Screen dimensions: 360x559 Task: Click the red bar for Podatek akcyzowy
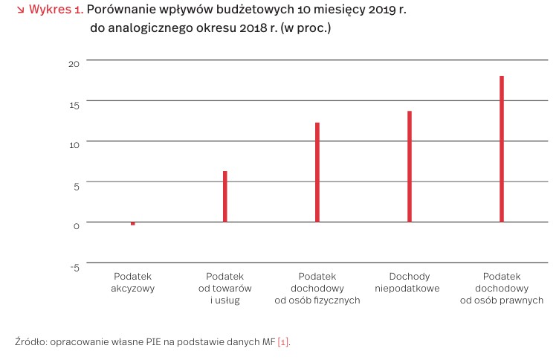click(x=133, y=223)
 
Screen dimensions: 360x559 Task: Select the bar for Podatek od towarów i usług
click(x=225, y=196)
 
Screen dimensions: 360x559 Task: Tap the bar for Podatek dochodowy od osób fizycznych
click(x=317, y=172)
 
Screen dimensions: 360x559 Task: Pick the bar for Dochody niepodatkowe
click(x=410, y=166)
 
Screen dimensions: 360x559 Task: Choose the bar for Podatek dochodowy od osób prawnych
click(x=502, y=149)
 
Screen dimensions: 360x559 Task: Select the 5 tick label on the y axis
click(x=75, y=186)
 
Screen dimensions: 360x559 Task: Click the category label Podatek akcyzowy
click(x=133, y=282)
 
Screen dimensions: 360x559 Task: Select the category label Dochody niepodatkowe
click(x=410, y=282)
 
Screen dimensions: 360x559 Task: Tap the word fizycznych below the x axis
click(x=336, y=300)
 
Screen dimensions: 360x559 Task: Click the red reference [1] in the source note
click(x=283, y=341)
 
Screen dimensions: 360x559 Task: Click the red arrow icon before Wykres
click(x=19, y=11)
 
